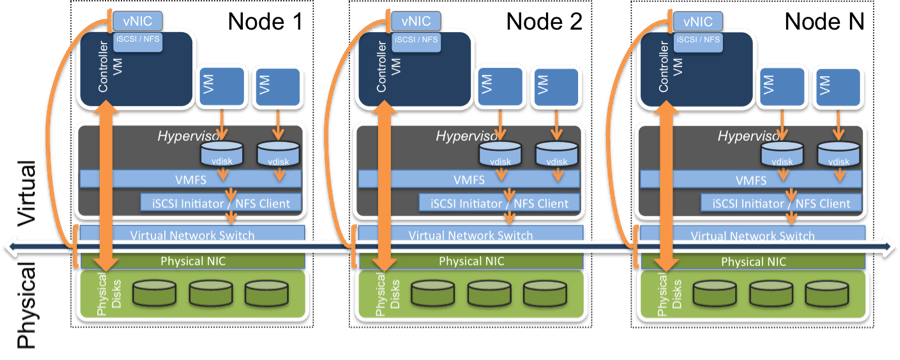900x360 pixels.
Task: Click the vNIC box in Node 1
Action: click(x=132, y=19)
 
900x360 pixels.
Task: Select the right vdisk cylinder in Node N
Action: click(x=839, y=153)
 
